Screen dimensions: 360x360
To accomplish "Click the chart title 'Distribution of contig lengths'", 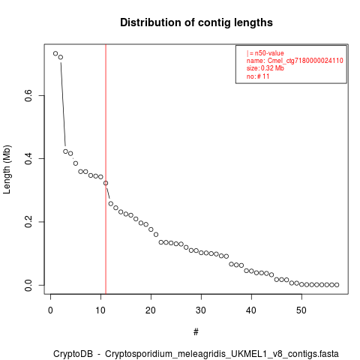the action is [196, 22].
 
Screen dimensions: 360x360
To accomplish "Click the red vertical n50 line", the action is [106, 169].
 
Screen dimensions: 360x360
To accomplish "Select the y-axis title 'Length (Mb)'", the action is [7, 169].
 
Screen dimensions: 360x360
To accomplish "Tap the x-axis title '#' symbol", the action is [196, 332].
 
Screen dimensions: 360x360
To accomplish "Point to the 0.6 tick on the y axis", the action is [28, 95].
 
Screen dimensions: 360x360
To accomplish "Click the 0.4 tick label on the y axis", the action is [28, 158].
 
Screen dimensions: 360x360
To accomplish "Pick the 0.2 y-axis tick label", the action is [28, 222].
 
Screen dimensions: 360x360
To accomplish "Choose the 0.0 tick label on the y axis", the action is [28, 285].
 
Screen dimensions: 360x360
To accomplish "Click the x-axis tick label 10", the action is [100, 310].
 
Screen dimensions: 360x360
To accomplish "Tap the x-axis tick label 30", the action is [201, 310].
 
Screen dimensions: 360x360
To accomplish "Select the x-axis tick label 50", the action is [301, 310].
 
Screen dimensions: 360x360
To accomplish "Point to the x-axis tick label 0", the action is [50, 310].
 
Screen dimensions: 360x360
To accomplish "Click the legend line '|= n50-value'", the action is [265, 53].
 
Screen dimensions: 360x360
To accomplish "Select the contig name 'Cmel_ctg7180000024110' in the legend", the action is [305, 61].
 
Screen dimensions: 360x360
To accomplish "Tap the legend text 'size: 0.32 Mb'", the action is [265, 68].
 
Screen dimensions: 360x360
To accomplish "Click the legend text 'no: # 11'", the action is [258, 76].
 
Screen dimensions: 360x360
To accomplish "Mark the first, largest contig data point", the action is [55, 53].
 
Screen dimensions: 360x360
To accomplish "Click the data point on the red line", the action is [106, 183].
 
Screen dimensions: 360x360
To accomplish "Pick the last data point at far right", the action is [337, 285].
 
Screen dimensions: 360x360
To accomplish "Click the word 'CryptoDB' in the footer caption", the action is [73, 354].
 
